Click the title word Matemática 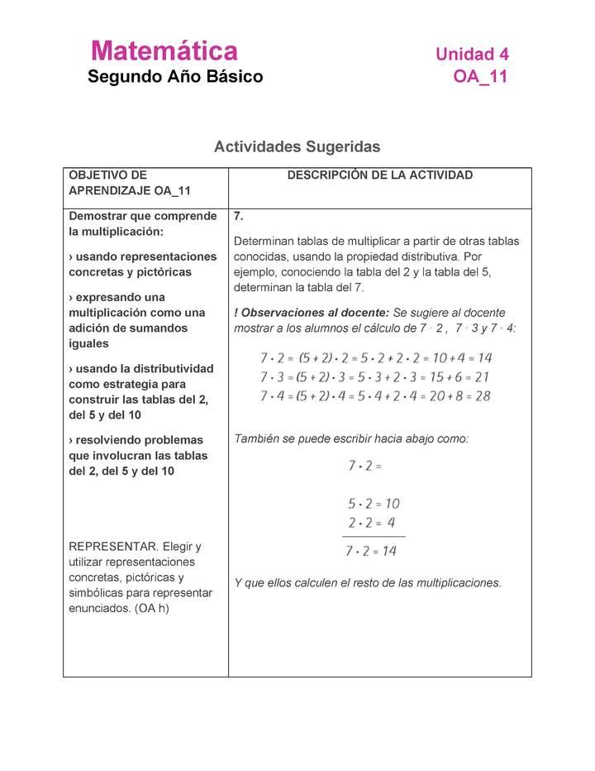(x=164, y=51)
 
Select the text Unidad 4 (x=472, y=55)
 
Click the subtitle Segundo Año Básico (x=175, y=77)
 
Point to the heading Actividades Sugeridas (x=297, y=146)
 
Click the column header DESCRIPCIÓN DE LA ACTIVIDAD (x=379, y=175)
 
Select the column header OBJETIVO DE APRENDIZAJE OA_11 (x=130, y=183)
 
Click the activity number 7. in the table (x=239, y=216)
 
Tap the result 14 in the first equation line (x=484, y=358)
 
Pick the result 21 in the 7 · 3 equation (x=482, y=377)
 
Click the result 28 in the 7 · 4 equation (x=483, y=396)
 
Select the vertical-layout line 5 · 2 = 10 (x=374, y=503)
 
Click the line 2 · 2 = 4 (x=372, y=523)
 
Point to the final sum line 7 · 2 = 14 (x=372, y=551)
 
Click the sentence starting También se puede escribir (x=351, y=438)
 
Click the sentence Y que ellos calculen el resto (x=368, y=582)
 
